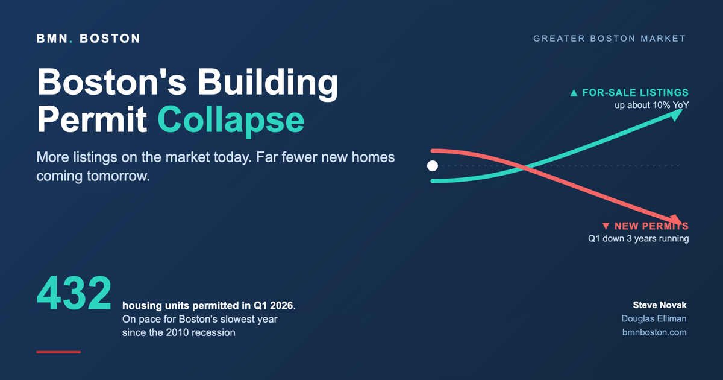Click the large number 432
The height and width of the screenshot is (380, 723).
pyautogui.click(x=74, y=293)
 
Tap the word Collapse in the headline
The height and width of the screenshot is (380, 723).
pyautogui.click(x=231, y=121)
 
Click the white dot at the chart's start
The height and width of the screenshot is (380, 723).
pyautogui.click(x=433, y=166)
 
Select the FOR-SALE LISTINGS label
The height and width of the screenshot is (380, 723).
pyautogui.click(x=636, y=93)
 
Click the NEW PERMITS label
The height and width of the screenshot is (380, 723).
pyautogui.click(x=652, y=226)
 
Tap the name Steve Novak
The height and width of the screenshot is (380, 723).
pyautogui.click(x=660, y=305)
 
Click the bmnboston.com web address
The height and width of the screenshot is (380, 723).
pyautogui.click(x=654, y=332)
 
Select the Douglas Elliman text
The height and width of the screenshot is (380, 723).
pyautogui.click(x=654, y=318)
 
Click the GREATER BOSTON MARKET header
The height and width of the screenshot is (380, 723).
pyautogui.click(x=609, y=39)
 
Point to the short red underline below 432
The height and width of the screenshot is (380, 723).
pyautogui.click(x=58, y=352)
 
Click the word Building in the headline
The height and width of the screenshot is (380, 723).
pyautogui.click(x=268, y=83)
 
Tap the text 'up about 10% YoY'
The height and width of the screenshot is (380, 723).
pyautogui.click(x=652, y=106)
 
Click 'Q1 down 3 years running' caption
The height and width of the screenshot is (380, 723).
pyautogui.click(x=639, y=239)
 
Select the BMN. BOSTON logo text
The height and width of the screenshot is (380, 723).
pyautogui.click(x=88, y=39)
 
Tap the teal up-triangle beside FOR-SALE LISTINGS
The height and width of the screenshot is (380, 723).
pyautogui.click(x=574, y=93)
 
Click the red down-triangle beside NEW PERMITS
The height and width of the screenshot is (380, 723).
pyautogui.click(x=606, y=226)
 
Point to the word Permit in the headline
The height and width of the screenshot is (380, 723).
pyautogui.click(x=92, y=119)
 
